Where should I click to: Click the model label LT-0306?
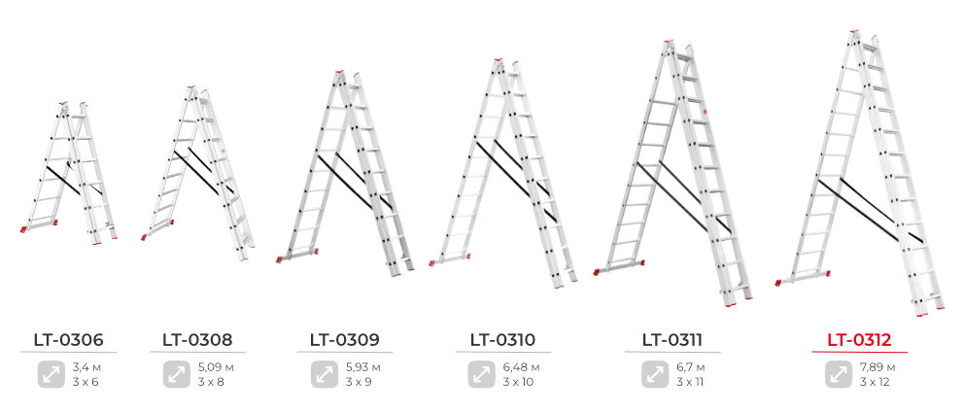pyautogui.click(x=69, y=339)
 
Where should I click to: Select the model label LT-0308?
pyautogui.click(x=198, y=339)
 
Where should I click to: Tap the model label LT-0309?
pyautogui.click(x=345, y=339)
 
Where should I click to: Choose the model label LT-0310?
pyautogui.click(x=503, y=339)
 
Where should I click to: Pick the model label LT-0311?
pyautogui.click(x=672, y=339)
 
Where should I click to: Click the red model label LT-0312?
pyautogui.click(x=859, y=339)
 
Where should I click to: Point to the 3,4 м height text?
pyautogui.click(x=86, y=368)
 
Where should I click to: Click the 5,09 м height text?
pyautogui.click(x=216, y=368)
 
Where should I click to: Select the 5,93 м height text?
pyautogui.click(x=363, y=368)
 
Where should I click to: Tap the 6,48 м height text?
pyautogui.click(x=522, y=368)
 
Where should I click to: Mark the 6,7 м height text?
pyautogui.click(x=691, y=368)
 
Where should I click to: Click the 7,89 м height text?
pyautogui.click(x=877, y=368)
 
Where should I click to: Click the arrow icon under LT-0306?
pyautogui.click(x=52, y=374)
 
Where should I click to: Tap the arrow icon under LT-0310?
pyautogui.click(x=482, y=374)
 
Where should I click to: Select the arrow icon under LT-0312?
pyautogui.click(x=839, y=374)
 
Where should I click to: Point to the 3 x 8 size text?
pyautogui.click(x=211, y=382)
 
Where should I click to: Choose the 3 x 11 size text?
pyautogui.click(x=690, y=382)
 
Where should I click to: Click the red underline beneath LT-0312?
pyautogui.click(x=859, y=353)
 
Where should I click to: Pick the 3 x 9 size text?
pyautogui.click(x=359, y=382)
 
